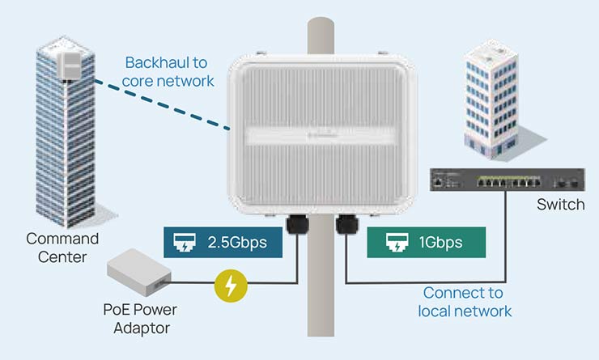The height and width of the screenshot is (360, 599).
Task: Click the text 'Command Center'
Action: click(62, 248)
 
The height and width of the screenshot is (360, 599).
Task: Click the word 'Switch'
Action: click(560, 204)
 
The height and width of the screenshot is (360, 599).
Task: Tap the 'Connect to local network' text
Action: click(465, 302)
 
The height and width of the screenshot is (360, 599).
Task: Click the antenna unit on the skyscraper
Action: click(73, 61)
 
